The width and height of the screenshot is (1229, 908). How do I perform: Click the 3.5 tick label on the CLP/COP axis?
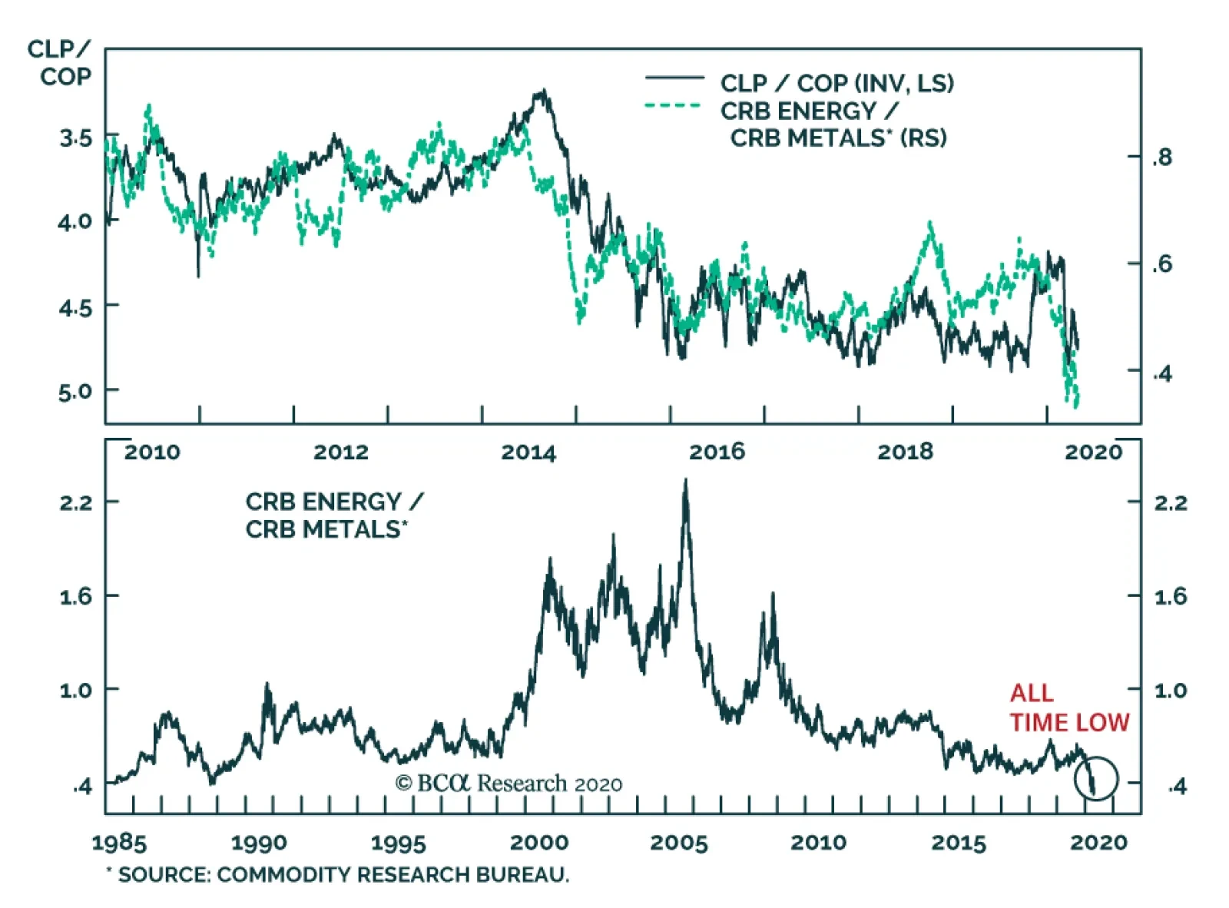tap(75, 139)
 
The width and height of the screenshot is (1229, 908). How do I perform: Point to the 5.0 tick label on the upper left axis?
tap(75, 392)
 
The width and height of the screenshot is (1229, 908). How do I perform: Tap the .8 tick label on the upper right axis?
tap(1162, 157)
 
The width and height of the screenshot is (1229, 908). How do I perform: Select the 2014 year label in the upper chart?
tap(528, 452)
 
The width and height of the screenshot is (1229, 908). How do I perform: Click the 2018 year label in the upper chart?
tap(905, 452)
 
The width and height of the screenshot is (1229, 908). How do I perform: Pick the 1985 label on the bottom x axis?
tap(119, 843)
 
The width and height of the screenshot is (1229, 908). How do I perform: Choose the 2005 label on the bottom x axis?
tap(679, 843)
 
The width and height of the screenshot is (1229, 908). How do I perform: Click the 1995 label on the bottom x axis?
tap(398, 843)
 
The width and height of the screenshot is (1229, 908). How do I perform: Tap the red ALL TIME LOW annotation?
tap(1068, 708)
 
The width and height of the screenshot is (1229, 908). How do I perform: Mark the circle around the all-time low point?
tap(1097, 779)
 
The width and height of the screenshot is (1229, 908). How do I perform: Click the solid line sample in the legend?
tap(674, 78)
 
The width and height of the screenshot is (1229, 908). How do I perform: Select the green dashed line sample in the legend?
tap(673, 106)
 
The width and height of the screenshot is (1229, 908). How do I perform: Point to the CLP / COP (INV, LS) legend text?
tap(836, 83)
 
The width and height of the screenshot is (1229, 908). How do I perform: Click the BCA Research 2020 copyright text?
tap(508, 784)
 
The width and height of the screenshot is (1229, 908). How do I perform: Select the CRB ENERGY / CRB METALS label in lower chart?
tap(333, 515)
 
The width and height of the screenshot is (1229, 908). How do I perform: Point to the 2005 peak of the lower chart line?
tap(685, 482)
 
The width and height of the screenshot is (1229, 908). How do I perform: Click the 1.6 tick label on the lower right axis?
tap(1170, 597)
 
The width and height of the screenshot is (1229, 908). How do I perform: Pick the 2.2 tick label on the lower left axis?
tap(75, 503)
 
